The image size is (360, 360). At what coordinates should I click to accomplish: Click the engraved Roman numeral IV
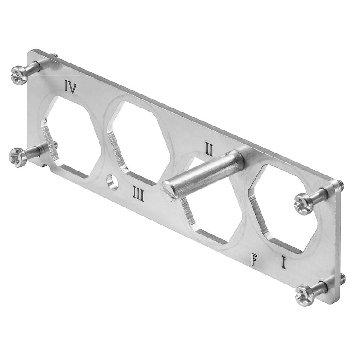click(70, 86)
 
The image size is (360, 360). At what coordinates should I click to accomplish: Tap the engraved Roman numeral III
click(138, 194)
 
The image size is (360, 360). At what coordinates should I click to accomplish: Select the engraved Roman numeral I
click(283, 261)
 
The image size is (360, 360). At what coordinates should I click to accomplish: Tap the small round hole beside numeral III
click(112, 182)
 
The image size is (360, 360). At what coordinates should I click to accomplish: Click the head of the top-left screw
click(19, 75)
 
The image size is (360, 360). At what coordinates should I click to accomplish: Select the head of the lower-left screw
click(18, 157)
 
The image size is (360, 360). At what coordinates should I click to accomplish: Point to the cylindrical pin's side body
click(207, 173)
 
